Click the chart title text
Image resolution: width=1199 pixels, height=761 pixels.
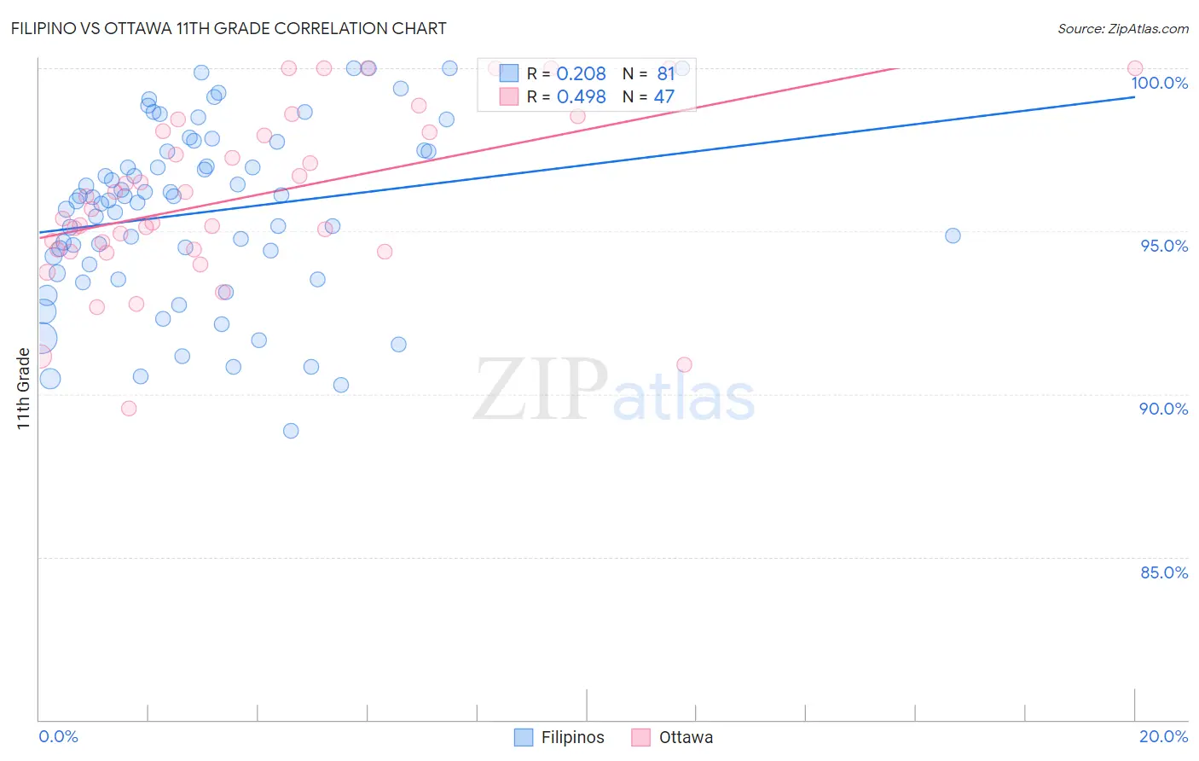point(228,28)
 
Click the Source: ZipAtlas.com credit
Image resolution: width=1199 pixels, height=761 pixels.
point(1122,28)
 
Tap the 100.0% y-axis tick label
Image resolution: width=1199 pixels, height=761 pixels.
point(1159,83)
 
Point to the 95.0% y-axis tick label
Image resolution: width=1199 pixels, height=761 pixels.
point(1164,246)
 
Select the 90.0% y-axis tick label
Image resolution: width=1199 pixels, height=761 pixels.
point(1163,409)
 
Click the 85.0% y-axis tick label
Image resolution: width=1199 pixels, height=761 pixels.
point(1164,572)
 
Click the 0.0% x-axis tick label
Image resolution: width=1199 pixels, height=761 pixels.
point(58,736)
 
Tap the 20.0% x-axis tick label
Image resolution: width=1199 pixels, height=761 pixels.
point(1163,736)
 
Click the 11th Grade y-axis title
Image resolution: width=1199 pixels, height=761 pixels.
point(24,388)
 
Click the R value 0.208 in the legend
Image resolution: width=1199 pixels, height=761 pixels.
point(581,74)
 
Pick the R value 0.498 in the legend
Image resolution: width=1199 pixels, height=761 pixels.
point(581,97)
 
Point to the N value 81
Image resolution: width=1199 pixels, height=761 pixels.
point(665,74)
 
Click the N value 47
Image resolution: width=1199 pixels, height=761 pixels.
point(663,97)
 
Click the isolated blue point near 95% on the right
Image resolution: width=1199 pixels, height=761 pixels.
point(953,235)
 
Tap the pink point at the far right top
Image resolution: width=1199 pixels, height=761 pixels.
point(1135,68)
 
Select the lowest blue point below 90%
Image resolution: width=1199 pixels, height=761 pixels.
point(291,431)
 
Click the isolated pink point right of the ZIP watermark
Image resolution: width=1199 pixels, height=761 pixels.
point(684,364)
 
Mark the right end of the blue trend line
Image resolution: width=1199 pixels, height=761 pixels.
point(1135,97)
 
